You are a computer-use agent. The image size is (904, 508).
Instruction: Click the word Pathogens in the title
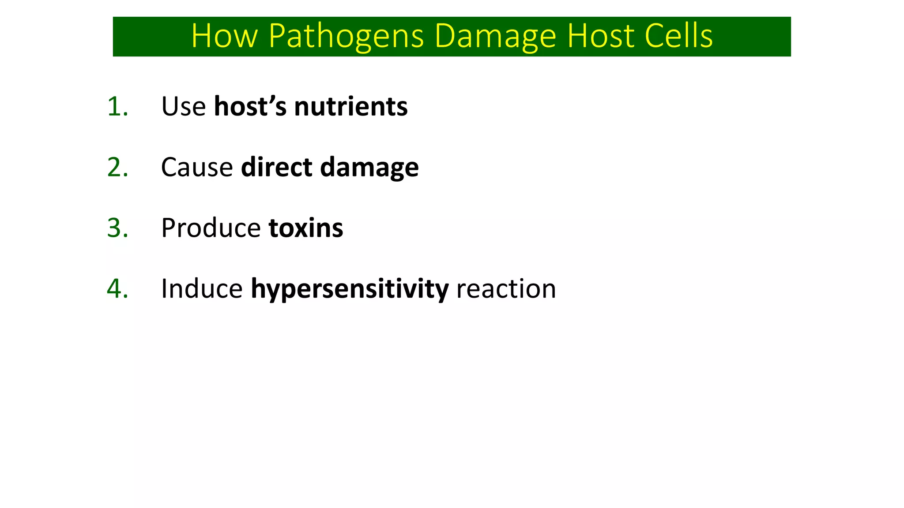pyautogui.click(x=346, y=36)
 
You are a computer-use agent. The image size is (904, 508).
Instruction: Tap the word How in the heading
pyautogui.click(x=224, y=36)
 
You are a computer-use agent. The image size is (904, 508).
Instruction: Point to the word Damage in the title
pyautogui.click(x=495, y=36)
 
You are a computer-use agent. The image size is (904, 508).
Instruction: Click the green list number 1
pyautogui.click(x=117, y=107)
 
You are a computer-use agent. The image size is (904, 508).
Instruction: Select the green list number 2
pyautogui.click(x=117, y=168)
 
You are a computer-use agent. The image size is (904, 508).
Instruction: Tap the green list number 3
pyautogui.click(x=117, y=228)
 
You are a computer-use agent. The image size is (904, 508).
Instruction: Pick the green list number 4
pyautogui.click(x=117, y=289)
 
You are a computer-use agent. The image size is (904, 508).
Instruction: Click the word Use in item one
pyautogui.click(x=183, y=107)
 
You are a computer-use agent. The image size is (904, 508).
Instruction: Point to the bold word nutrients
pyautogui.click(x=351, y=107)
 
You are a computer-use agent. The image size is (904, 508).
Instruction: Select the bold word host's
pyautogui.click(x=250, y=107)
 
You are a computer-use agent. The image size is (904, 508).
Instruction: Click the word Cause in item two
pyautogui.click(x=197, y=168)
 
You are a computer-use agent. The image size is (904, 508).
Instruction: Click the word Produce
pyautogui.click(x=211, y=228)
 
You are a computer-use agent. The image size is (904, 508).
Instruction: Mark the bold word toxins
pyautogui.click(x=306, y=228)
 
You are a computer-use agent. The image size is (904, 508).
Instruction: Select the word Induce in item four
pyautogui.click(x=202, y=289)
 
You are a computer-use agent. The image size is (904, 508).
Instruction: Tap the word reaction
pyautogui.click(x=506, y=289)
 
